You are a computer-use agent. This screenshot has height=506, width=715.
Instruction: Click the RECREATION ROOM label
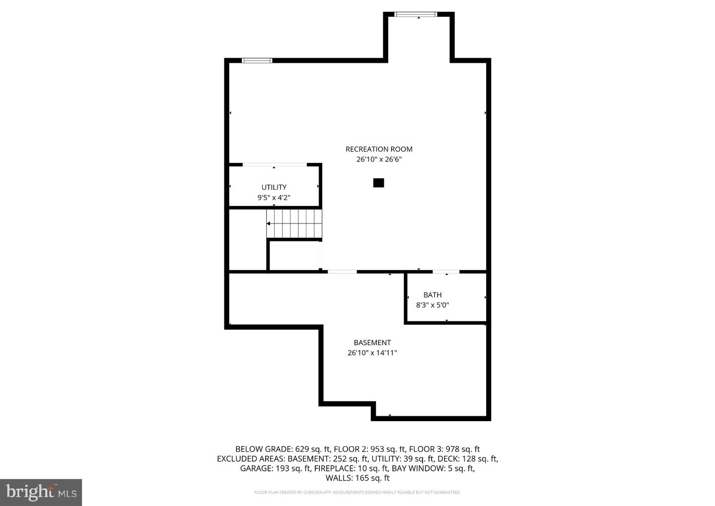379,149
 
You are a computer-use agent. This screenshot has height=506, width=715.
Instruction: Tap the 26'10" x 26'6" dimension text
379,159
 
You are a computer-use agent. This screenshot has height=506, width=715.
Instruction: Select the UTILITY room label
274,187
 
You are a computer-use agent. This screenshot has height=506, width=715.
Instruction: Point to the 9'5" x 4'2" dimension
274,198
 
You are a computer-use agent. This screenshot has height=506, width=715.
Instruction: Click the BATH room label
432,295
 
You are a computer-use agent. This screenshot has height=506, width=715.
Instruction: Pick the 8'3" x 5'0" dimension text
432,305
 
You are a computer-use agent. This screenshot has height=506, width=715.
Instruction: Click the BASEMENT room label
372,343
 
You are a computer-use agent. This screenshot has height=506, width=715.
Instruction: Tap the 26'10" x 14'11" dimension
372,353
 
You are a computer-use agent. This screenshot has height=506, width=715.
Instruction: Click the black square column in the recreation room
378,183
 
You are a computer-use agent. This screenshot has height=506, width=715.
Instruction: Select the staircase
294,223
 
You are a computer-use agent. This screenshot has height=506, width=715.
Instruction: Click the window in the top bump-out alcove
416,14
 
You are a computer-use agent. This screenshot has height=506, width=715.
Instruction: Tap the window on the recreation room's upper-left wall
257,61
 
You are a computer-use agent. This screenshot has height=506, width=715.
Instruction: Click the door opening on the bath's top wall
446,272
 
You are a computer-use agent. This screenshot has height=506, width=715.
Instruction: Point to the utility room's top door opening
275,164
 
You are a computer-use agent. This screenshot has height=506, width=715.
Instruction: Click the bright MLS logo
41,492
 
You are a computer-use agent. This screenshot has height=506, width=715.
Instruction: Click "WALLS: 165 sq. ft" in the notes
357,478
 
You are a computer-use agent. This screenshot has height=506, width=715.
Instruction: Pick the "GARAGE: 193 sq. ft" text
275,468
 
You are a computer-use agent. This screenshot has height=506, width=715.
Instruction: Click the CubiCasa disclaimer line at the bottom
357,493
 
